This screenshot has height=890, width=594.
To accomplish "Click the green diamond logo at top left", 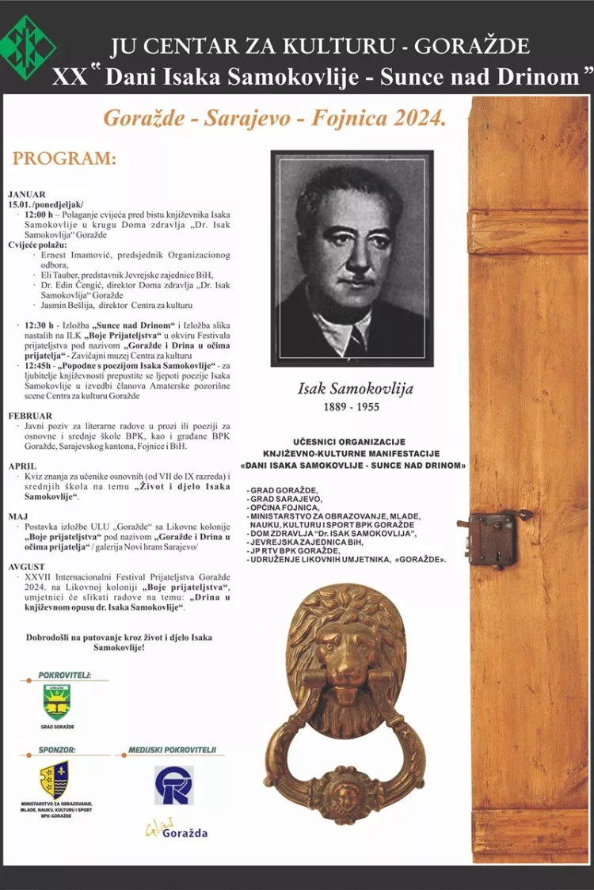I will [29, 47].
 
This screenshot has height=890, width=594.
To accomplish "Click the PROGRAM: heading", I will [64, 158].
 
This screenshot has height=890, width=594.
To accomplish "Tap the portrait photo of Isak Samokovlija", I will [352, 259].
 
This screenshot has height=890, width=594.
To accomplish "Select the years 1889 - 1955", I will [350, 407].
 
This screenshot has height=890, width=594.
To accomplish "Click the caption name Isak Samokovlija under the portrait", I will [356, 389].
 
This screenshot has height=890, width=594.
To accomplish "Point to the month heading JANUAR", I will [27, 194].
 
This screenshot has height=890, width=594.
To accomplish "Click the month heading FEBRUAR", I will [30, 416].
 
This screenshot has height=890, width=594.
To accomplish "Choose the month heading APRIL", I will [23, 466].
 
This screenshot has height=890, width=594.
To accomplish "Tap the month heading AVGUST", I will [27, 568].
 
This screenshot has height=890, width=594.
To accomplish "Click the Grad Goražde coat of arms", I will [56, 702].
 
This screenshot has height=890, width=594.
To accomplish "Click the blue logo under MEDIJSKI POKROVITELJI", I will [174, 785].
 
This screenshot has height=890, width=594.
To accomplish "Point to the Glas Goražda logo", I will [175, 831].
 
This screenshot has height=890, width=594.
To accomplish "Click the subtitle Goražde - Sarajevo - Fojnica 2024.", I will [275, 120].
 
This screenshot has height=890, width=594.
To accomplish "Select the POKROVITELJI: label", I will [64, 675].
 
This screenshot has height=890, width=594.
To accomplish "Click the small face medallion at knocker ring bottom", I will [345, 791].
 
